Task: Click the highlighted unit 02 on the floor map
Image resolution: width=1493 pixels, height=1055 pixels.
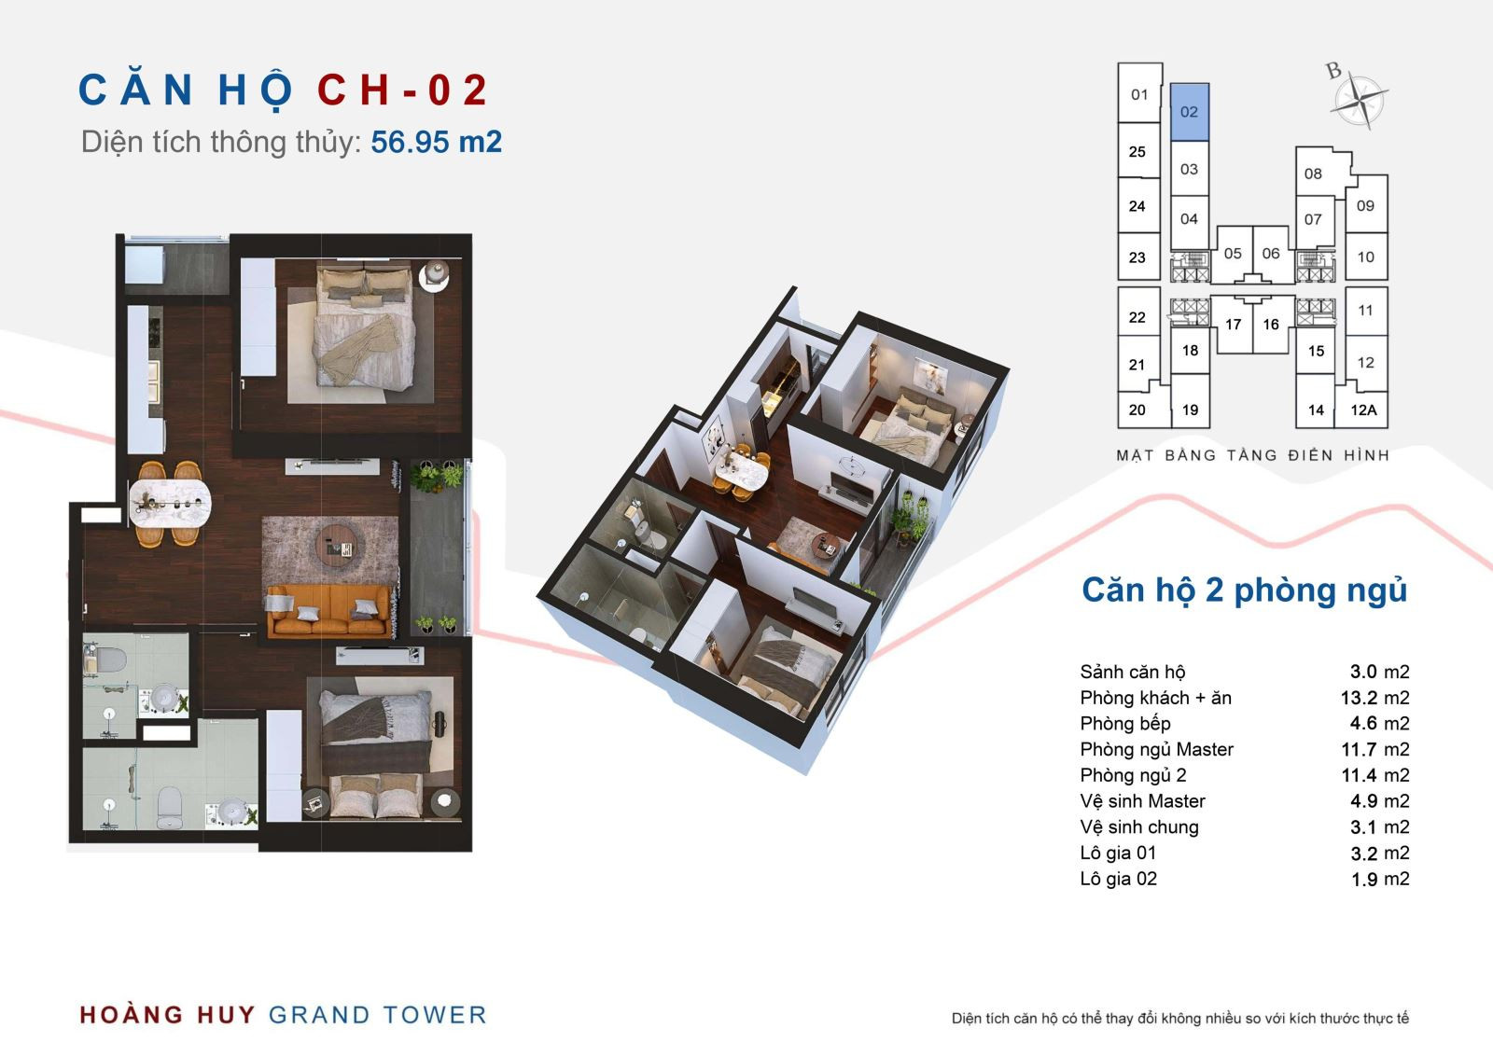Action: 1190,112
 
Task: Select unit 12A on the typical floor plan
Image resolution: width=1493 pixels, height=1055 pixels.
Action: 1363,410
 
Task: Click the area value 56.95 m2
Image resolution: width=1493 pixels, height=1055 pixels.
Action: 436,142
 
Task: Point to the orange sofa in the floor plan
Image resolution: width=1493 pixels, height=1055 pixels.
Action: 328,609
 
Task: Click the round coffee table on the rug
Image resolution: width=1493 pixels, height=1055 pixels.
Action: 342,545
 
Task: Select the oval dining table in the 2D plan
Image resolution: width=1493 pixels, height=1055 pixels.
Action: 170,503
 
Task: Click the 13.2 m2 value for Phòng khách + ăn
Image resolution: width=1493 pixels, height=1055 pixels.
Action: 1375,698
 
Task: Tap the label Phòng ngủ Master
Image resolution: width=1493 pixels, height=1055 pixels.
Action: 1156,749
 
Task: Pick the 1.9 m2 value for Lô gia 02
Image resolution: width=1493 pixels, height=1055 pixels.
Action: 1380,879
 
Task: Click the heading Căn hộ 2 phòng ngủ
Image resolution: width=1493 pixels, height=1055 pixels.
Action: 1245,590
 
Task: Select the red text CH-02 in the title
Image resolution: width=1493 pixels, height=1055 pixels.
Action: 402,90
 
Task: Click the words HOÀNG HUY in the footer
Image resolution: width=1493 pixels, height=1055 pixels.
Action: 167,1014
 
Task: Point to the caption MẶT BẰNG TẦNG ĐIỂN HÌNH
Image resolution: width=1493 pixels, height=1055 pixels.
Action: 1252,455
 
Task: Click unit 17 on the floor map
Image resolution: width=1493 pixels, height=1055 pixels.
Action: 1233,325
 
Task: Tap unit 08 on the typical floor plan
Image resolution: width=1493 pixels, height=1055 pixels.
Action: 1313,174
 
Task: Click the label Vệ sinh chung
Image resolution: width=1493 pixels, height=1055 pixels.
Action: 1139,827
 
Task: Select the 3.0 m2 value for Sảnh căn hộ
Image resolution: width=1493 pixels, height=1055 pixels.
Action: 1380,672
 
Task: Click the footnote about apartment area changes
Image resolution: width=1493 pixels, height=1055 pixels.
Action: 1179,1019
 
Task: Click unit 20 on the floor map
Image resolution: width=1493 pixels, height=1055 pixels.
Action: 1137,410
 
